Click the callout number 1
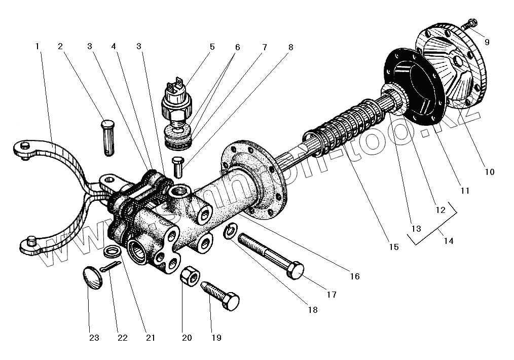[x=37, y=46]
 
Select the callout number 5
[x=212, y=47]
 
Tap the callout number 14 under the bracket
[x=448, y=241]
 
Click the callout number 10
[x=489, y=172]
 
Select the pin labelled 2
[x=108, y=136]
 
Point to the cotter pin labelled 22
[x=111, y=267]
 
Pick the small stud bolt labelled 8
[x=177, y=165]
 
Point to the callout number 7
[x=264, y=47]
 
